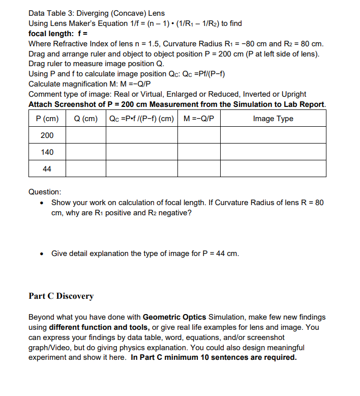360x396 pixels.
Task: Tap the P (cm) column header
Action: click(x=47, y=119)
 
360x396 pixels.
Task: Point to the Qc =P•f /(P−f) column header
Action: click(x=142, y=119)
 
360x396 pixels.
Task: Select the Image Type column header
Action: click(x=273, y=119)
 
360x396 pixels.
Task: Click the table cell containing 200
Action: click(x=47, y=135)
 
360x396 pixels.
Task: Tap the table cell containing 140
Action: click(x=47, y=152)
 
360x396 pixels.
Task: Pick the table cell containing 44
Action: click(x=47, y=169)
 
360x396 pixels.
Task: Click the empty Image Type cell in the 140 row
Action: click(x=273, y=152)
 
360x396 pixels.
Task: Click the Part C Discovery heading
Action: click(x=61, y=296)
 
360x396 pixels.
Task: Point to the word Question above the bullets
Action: click(x=45, y=192)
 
